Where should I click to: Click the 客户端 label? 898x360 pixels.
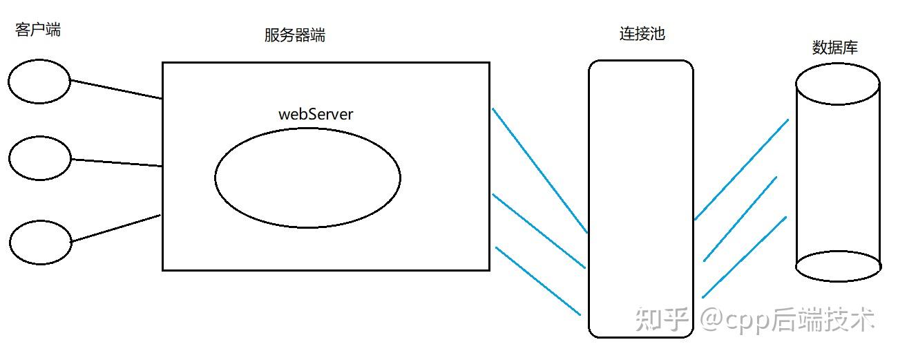point(37,30)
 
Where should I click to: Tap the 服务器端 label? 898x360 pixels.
point(294,36)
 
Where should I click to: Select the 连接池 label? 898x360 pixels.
point(642,34)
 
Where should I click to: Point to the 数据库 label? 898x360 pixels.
point(834,48)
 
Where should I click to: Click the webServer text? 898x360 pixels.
point(315,114)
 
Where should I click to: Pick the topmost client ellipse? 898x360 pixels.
point(39,82)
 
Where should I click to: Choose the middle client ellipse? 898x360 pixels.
point(40,158)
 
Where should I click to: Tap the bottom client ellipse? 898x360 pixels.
point(41,242)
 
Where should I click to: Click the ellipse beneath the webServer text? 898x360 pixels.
point(307,178)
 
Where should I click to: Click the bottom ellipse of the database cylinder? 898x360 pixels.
point(838,267)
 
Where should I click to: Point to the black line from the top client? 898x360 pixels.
point(116,89)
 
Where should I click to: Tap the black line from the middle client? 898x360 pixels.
point(116,163)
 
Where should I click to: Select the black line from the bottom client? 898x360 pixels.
point(116,228)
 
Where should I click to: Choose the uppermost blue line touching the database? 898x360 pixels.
point(741,169)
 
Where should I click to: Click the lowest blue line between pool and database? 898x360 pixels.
point(745,257)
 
